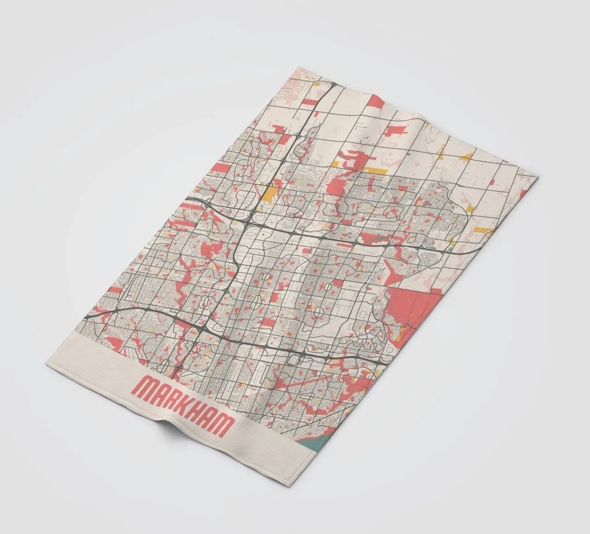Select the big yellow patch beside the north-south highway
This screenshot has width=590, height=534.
pyautogui.click(x=272, y=193)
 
